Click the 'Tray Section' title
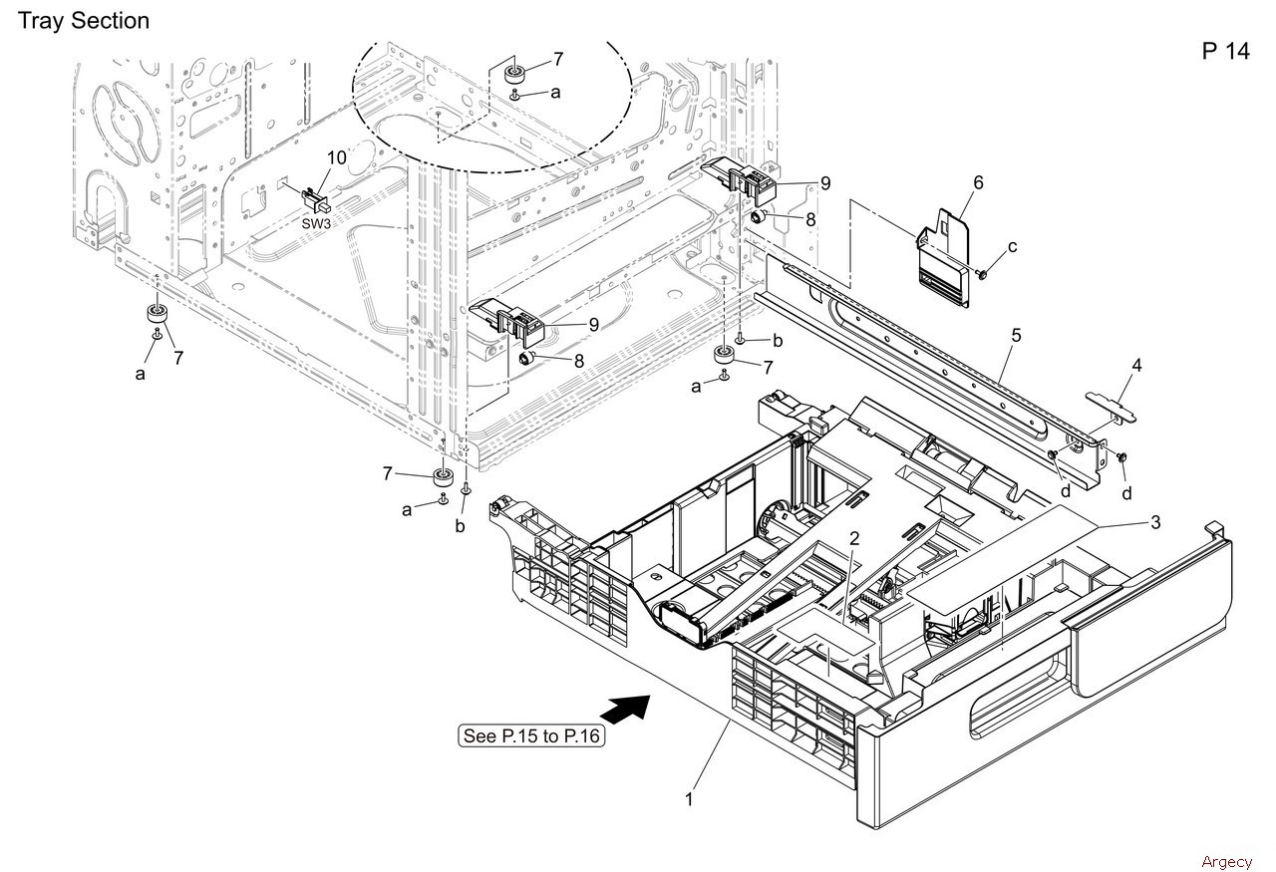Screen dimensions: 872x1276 (x=84, y=20)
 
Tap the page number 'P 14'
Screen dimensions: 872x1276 (x=1225, y=52)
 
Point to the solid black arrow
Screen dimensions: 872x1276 (x=624, y=709)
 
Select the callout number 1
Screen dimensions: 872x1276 (x=688, y=798)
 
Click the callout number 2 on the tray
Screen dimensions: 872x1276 (x=854, y=538)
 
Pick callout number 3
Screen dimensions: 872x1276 (x=1155, y=522)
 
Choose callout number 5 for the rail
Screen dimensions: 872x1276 (x=1016, y=336)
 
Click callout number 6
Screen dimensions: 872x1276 (x=978, y=182)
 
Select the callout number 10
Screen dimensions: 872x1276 (x=336, y=157)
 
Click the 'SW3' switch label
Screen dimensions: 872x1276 (x=316, y=223)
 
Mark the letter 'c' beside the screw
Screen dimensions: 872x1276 (x=1012, y=246)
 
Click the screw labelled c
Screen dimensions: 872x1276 (x=982, y=272)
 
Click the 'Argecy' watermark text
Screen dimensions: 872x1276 (x=1226, y=861)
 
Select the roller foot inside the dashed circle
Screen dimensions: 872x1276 (x=515, y=74)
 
